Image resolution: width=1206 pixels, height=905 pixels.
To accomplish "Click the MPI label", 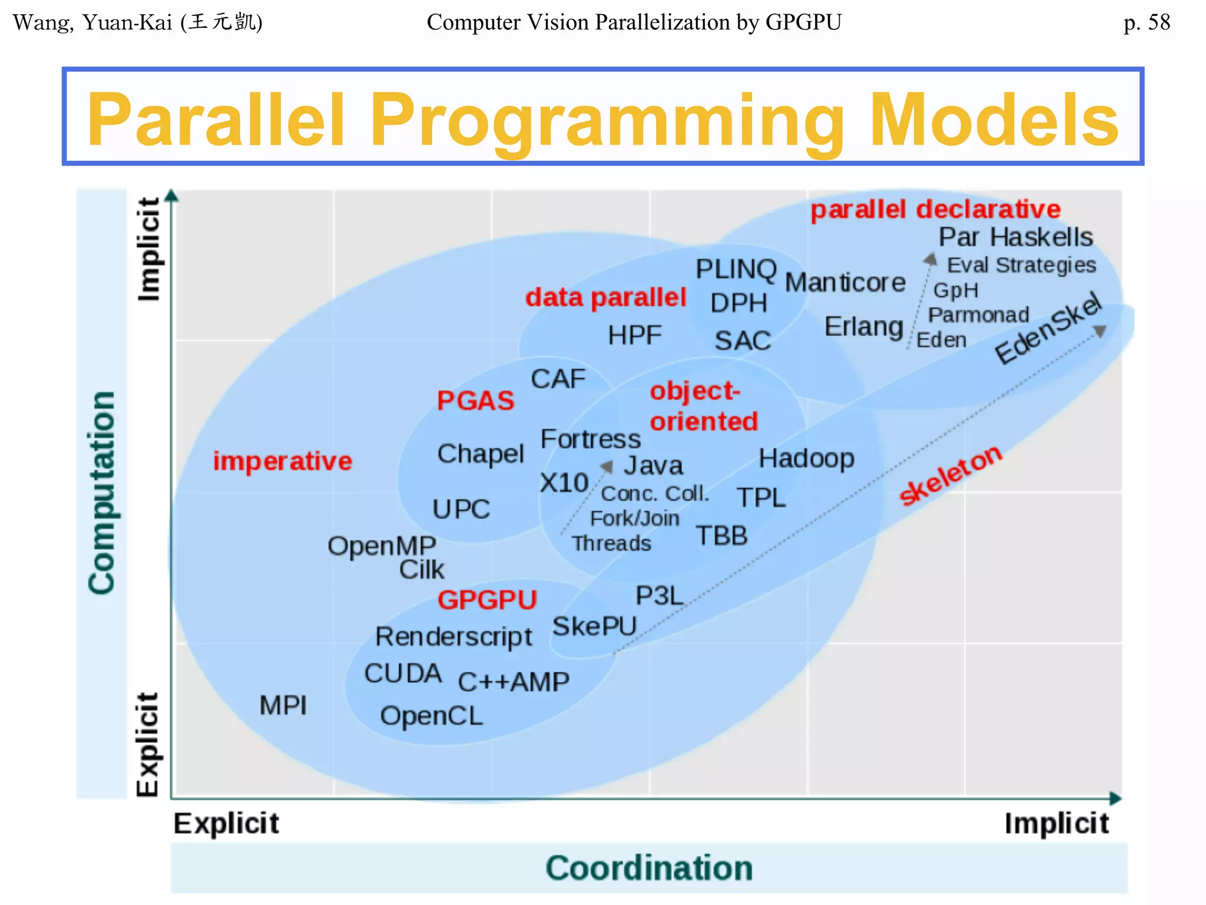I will click(283, 705).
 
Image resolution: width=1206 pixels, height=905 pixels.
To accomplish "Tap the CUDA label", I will click(403, 673).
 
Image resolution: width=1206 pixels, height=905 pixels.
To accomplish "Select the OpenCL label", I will click(431, 716).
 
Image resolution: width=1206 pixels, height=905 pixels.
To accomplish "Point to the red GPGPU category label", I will click(487, 600).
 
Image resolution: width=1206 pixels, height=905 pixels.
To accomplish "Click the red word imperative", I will click(282, 461).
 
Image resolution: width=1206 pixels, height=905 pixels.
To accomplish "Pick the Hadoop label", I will click(806, 458).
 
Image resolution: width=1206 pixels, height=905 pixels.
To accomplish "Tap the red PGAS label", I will click(475, 401).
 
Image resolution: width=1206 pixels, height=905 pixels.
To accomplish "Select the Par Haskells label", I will click(1015, 237).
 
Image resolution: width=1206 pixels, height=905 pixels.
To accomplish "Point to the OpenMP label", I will click(382, 546).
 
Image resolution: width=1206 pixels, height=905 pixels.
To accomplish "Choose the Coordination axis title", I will click(649, 868).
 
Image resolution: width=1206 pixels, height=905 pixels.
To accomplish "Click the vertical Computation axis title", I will click(101, 493).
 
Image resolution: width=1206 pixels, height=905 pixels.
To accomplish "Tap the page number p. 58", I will click(1146, 22).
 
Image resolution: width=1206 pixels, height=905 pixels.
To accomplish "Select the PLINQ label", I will click(735, 269).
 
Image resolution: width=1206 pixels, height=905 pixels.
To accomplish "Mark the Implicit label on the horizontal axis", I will click(1056, 823).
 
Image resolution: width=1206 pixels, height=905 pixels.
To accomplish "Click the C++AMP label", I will click(513, 682).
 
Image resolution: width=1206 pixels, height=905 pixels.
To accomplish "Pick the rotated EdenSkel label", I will click(1048, 329).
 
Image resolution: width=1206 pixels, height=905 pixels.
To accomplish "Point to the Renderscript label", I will click(453, 637).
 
